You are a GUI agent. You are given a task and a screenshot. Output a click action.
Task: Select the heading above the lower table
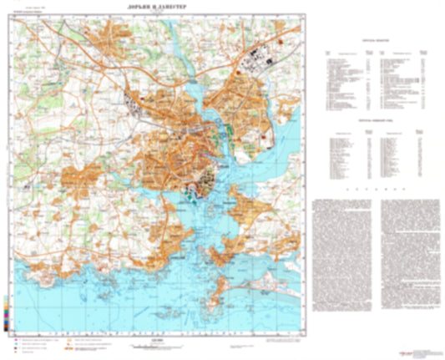pos(368,119)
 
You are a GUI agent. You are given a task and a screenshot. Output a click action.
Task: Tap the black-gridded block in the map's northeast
pos(255,59)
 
